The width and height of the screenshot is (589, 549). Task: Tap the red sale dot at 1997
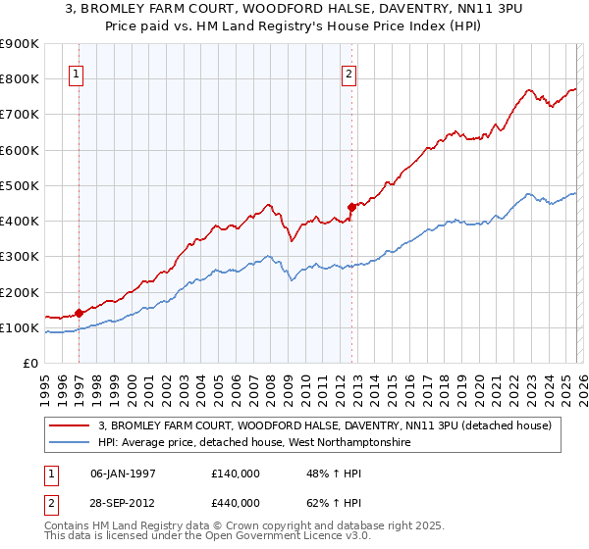point(79,314)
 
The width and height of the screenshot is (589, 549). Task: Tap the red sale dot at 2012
point(351,207)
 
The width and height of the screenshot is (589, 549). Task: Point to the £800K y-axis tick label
point(20,78)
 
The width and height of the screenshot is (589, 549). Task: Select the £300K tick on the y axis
point(20,257)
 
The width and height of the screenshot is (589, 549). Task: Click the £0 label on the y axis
point(29,364)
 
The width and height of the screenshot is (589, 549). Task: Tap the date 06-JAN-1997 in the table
point(123,473)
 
